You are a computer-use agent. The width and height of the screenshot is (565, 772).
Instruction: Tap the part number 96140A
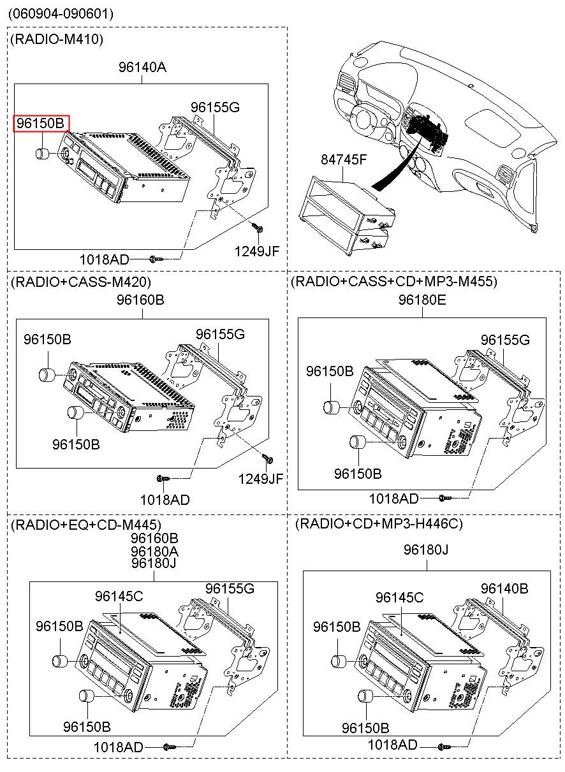(x=142, y=66)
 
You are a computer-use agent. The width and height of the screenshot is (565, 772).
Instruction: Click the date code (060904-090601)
(x=61, y=13)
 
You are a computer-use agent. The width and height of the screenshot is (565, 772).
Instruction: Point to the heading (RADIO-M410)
(x=57, y=40)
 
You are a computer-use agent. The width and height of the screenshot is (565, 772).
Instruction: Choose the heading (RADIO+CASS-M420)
(x=81, y=281)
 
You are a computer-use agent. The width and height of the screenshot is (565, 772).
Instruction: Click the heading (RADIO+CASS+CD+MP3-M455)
(x=393, y=281)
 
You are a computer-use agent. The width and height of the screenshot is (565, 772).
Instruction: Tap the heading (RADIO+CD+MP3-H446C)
(x=379, y=524)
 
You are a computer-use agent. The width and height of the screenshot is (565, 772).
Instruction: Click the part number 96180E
(x=423, y=298)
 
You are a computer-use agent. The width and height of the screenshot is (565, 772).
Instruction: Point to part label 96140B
(x=504, y=588)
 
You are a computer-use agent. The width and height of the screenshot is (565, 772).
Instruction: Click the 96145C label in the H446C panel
(x=399, y=597)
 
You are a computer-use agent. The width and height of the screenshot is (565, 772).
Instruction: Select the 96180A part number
(x=155, y=551)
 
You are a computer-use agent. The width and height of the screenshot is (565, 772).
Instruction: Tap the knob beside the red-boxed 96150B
(x=43, y=154)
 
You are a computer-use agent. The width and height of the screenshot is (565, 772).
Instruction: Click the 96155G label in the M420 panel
(x=220, y=334)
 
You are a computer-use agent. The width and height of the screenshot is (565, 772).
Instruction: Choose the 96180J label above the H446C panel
(x=427, y=550)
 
